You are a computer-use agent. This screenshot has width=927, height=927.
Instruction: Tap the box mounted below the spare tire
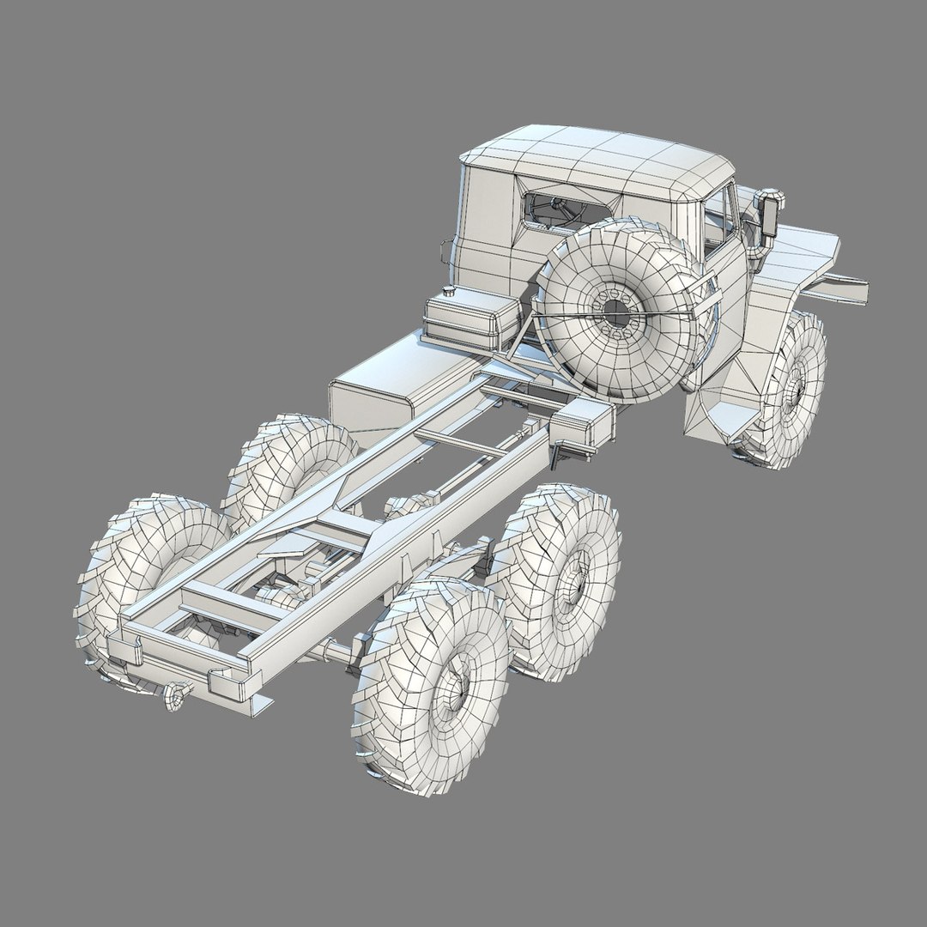pyautogui.click(x=584, y=425)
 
